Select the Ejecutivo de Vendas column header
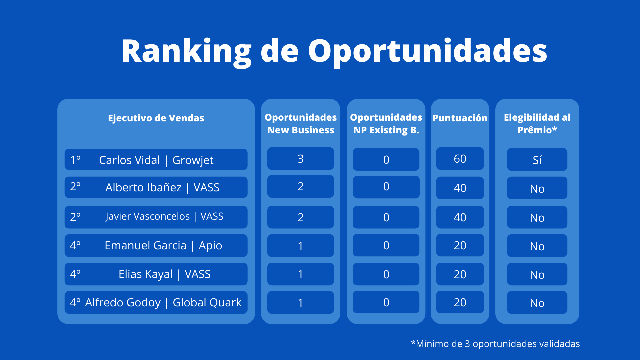pyautogui.click(x=156, y=118)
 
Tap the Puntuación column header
pyautogui.click(x=460, y=118)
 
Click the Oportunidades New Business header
pyautogui.click(x=301, y=124)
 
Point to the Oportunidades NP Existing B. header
pyautogui.click(x=386, y=124)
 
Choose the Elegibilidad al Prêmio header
pyautogui.click(x=537, y=124)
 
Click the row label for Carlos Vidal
pyautogui.click(x=156, y=160)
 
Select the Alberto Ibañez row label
pyautogui.click(x=156, y=187)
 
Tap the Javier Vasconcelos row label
pyautogui.click(x=156, y=217)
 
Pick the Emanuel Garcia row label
pyautogui.click(x=156, y=246)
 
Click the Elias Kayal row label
pyautogui.click(x=156, y=274)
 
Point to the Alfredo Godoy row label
pyautogui.click(x=156, y=302)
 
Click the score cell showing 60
pyautogui.click(x=460, y=159)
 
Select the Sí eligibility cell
pyautogui.click(x=537, y=160)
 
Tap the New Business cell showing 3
pyautogui.click(x=301, y=159)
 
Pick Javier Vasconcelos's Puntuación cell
pyautogui.click(x=460, y=217)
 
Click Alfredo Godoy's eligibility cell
pyautogui.click(x=537, y=303)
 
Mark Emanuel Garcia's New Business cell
pyautogui.click(x=301, y=246)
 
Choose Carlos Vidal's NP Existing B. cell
pyautogui.click(x=386, y=160)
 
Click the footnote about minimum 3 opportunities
pyautogui.click(x=495, y=344)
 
